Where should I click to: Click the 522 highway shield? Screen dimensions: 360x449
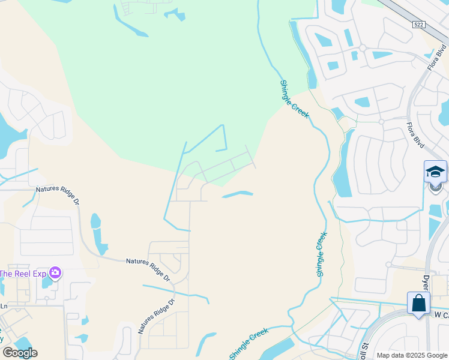click(x=419, y=24)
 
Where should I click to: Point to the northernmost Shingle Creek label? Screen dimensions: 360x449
click(x=294, y=99)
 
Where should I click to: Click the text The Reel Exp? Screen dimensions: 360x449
click(x=23, y=274)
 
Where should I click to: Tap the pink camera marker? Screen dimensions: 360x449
click(x=55, y=274)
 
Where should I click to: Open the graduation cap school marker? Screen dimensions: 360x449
click(x=435, y=172)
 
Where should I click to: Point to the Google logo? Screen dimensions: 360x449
click(x=19, y=353)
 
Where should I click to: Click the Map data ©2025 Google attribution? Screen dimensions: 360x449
click(x=411, y=355)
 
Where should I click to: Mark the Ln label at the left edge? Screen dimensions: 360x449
click(x=4, y=306)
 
